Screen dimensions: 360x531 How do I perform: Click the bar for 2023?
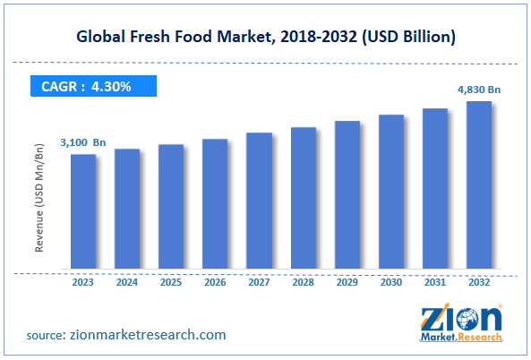tap(83, 211)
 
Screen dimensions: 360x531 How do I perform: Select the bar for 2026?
tap(215, 204)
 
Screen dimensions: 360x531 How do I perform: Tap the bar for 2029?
tap(347, 194)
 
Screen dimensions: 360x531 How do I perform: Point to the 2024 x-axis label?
tap(127, 282)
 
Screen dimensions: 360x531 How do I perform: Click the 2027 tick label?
tap(259, 282)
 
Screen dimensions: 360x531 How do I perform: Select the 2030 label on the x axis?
tap(391, 282)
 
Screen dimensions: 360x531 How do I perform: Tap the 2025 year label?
tap(171, 282)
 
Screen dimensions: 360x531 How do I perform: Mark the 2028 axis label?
tap(303, 282)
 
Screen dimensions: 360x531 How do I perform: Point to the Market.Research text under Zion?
tap(458, 340)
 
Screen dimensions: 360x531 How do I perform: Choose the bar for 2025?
tap(171, 207)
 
